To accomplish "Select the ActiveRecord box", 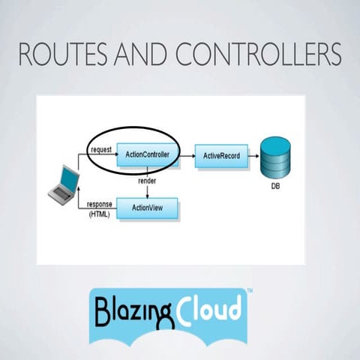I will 221,156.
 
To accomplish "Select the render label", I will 147,181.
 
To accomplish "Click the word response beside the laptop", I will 100,204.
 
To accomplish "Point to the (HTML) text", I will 98,214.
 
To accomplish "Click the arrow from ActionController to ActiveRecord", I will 186,156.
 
